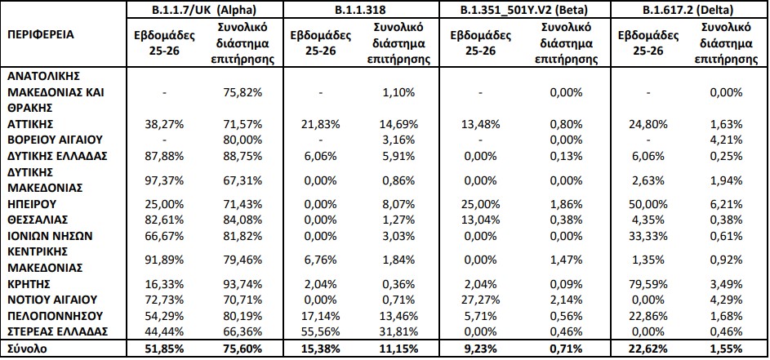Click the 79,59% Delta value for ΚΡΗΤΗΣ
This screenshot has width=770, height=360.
coord(647,284)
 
